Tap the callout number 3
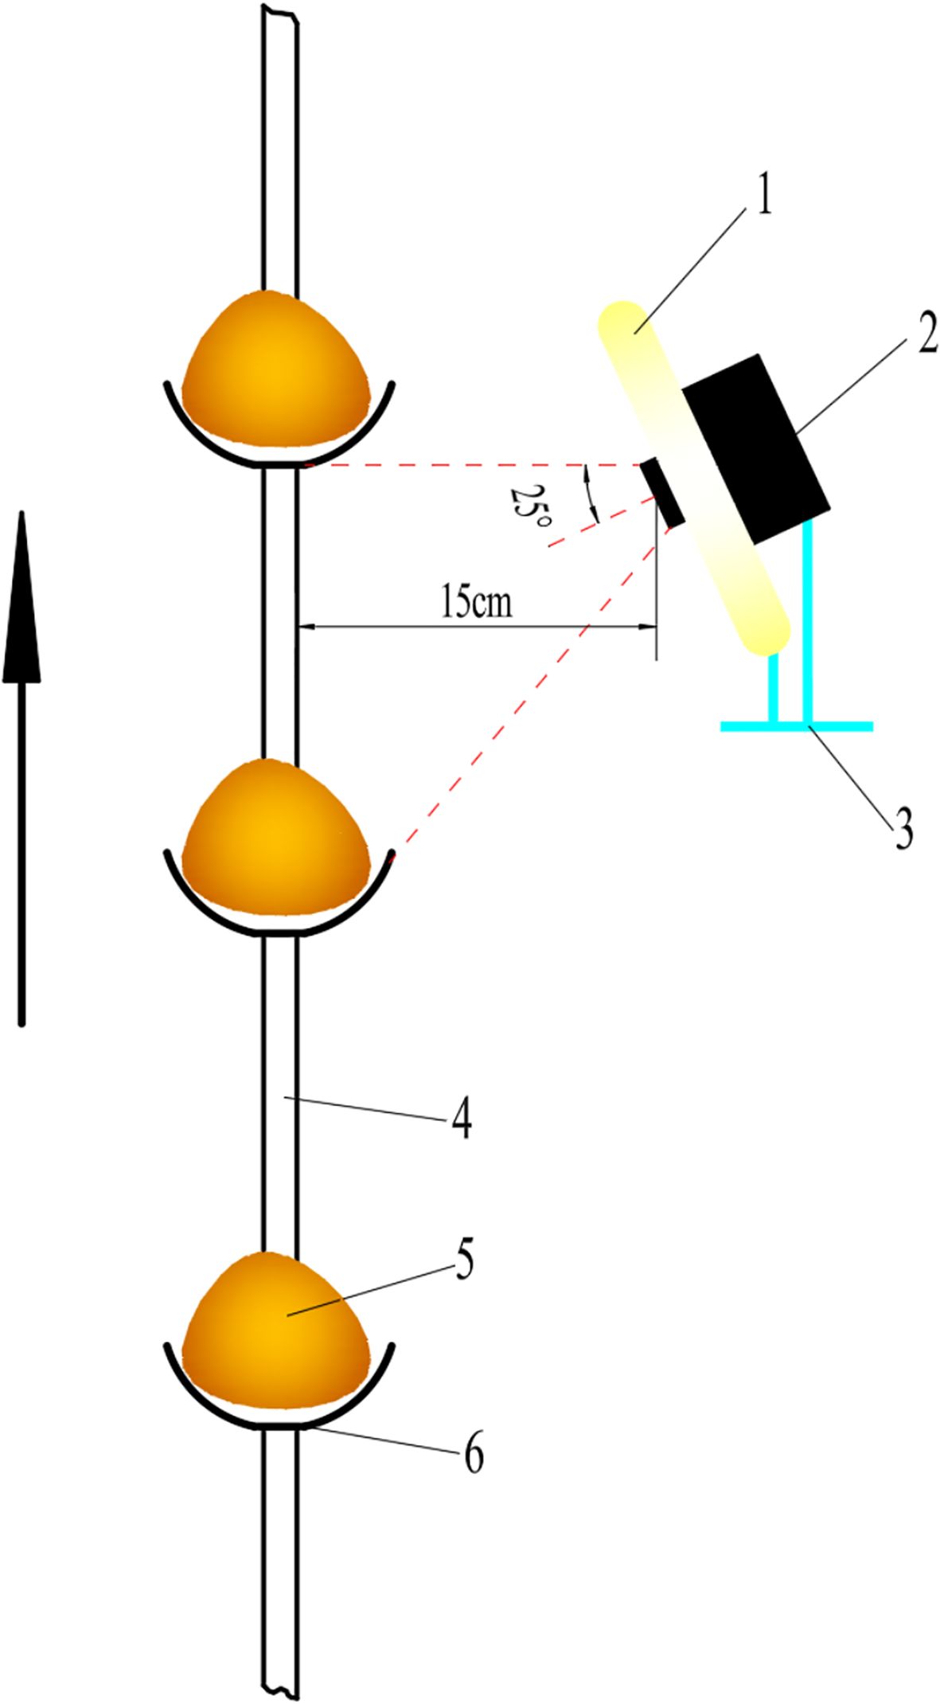[x=903, y=827]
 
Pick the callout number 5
[x=465, y=1259]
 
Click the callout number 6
[x=473, y=1455]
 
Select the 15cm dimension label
[x=476, y=603]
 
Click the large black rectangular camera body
[x=755, y=448]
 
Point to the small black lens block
[x=664, y=492]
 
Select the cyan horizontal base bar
[x=796, y=726]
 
